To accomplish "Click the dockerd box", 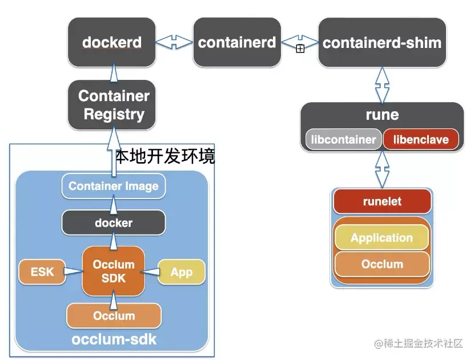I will (112, 42).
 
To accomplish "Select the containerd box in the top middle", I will (237, 42).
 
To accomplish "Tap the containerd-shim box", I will (382, 42).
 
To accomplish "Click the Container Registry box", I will (114, 105).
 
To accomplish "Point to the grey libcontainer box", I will (343, 140).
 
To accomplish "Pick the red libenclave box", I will (421, 140).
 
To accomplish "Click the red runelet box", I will (382, 201).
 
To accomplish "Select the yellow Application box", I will (381, 238).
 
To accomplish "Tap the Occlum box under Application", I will (382, 264).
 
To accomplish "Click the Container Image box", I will (114, 186).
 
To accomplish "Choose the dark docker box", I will (114, 223).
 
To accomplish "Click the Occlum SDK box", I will (114, 272).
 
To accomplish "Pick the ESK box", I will (42, 272).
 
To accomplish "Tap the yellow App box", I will (181, 272).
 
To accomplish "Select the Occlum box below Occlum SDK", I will (114, 316).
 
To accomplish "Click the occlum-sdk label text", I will (114, 340).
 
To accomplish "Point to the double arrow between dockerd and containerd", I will (174, 42).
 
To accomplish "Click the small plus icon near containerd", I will (300, 49).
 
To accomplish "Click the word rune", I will (382, 115).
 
